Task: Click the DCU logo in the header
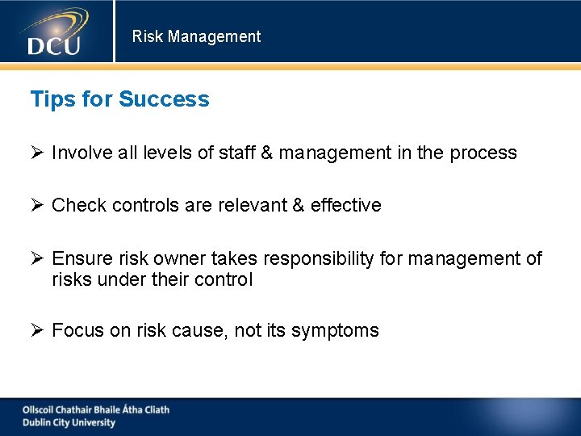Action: [x=55, y=32]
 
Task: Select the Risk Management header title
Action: [x=196, y=36]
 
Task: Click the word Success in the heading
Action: [x=164, y=99]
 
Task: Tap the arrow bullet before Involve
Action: [x=37, y=153]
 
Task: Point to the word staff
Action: [x=237, y=153]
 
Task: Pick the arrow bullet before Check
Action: [x=37, y=205]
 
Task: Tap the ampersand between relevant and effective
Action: [x=298, y=205]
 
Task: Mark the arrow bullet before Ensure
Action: [x=37, y=258]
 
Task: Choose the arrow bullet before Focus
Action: [x=37, y=330]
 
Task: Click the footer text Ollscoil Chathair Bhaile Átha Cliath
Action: [x=96, y=409]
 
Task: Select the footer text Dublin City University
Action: [x=69, y=422]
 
